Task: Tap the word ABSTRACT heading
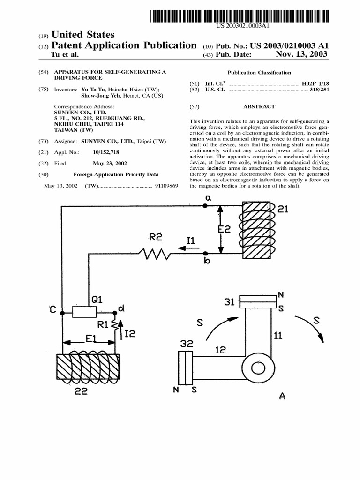[259, 106]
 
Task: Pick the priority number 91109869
[167, 186]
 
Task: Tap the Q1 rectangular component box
[85, 312]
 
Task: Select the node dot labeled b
[205, 254]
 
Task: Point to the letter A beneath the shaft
[282, 397]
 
